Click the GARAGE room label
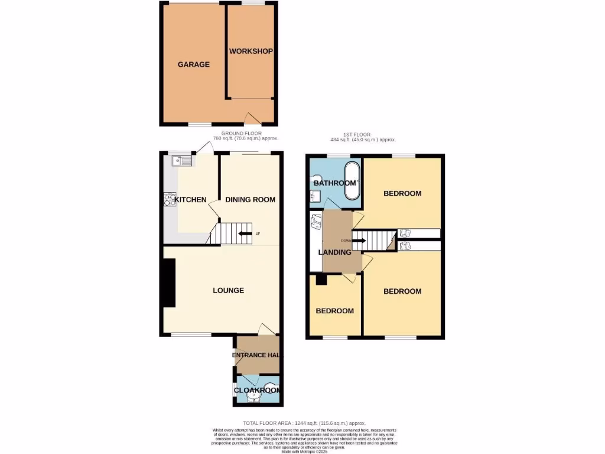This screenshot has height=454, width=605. coord(194,64)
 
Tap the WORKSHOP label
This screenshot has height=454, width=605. coord(251,51)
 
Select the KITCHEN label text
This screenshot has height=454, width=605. coord(190,200)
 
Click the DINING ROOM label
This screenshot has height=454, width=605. coord(251,200)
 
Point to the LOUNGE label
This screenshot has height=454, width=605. coord(229,290)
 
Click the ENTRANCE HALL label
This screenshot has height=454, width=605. coord(258,355)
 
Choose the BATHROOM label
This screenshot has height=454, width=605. coord(335,183)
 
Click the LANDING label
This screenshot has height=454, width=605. coord(335,252)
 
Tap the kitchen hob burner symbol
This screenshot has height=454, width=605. coord(168,200)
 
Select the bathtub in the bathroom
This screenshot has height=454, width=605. coord(353,180)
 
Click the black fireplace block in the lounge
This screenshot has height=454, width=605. coord(169,284)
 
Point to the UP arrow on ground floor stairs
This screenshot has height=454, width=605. coord(243,234)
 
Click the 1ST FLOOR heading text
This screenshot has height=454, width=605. coord(363,135)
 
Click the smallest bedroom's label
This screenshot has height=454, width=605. coord(335,311)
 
